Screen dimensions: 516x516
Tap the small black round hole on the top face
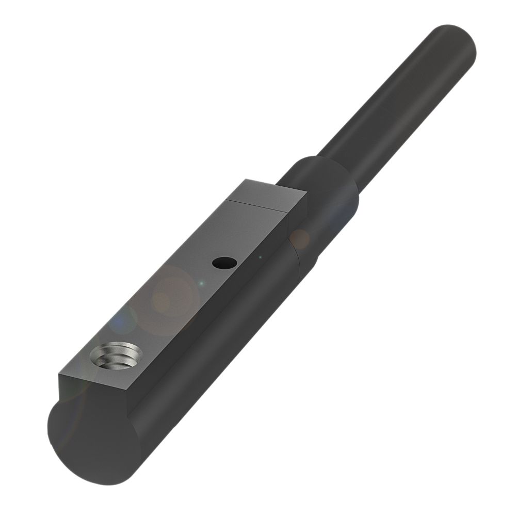(224, 263)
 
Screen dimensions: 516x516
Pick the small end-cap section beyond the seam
(268, 193)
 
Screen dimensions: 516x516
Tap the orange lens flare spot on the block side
(299, 238)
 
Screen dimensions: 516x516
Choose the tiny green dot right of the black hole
(261, 256)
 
